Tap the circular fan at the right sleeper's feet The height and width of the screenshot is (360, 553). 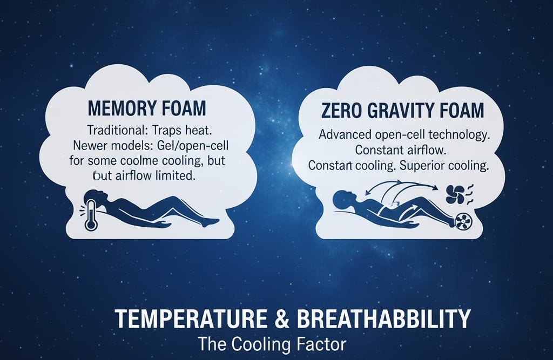pos(463,221)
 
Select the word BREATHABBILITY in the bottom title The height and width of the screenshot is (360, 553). pos(379,318)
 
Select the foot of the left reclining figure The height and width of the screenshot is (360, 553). pos(211,221)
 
